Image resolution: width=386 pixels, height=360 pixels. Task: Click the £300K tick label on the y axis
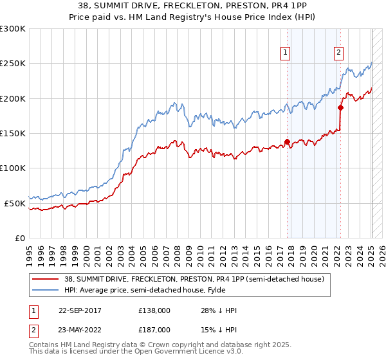click(x=13, y=29)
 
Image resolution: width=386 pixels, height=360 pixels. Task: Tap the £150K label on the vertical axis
click(x=13, y=134)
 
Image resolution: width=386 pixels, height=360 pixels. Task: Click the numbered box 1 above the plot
click(x=284, y=53)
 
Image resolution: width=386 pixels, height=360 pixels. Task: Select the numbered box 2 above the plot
click(x=338, y=53)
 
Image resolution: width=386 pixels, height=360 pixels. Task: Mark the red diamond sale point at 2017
click(x=287, y=141)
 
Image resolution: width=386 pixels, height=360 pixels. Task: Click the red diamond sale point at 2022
click(x=340, y=107)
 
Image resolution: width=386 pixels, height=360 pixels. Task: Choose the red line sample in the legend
click(x=45, y=278)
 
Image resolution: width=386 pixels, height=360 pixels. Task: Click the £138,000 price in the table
click(x=154, y=310)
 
